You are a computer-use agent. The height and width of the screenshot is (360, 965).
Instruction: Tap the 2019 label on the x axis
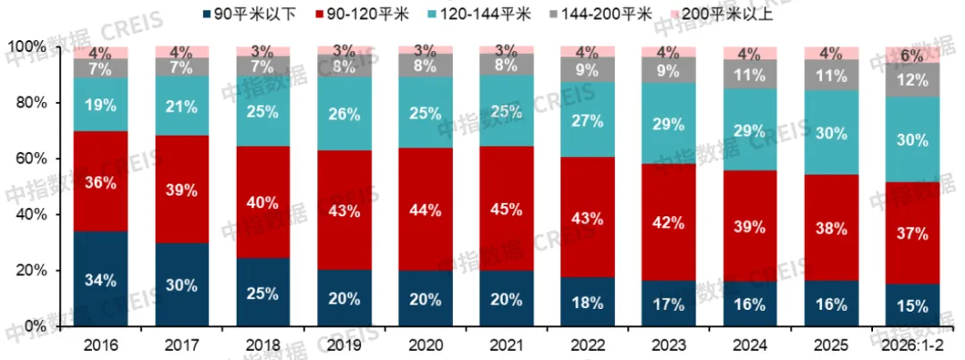coord(344,345)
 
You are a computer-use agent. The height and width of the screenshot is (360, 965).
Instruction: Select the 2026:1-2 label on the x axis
coord(912,345)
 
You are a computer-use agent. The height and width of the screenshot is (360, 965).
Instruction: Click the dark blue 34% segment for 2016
coord(100,279)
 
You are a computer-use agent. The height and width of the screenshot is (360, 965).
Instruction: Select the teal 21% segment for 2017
coord(181,106)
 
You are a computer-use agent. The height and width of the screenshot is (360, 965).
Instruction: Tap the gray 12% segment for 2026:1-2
coord(912,80)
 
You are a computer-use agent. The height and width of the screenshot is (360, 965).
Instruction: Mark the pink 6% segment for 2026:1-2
coord(912,54)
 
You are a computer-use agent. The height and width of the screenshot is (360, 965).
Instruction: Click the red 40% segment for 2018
coord(263,203)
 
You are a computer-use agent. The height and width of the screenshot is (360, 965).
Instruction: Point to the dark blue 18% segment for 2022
coord(588,302)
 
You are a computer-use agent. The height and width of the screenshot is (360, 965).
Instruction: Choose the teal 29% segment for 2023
coord(669,123)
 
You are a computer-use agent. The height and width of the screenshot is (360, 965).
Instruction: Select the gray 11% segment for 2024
coord(751,75)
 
